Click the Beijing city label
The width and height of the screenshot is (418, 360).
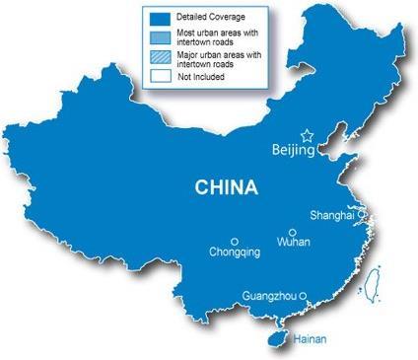tap(293, 151)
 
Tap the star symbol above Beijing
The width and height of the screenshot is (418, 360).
tap(307, 135)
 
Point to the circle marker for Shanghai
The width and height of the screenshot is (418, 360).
tap(362, 213)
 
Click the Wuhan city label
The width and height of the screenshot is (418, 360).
tap(294, 241)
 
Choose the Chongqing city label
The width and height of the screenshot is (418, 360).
tap(236, 252)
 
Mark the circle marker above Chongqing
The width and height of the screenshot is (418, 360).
tap(235, 241)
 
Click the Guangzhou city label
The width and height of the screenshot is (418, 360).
tap(270, 294)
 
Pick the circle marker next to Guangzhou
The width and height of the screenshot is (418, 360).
tap(304, 293)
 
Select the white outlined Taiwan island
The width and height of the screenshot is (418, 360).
tap(372, 285)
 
